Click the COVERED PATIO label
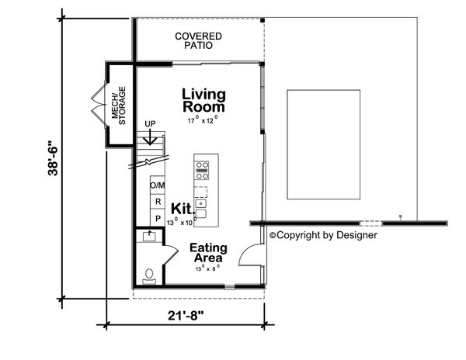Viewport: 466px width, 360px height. [x=198, y=40]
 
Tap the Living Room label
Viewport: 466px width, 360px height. [x=203, y=102]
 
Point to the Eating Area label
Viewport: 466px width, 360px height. [x=208, y=254]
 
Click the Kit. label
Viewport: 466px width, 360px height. [x=181, y=208]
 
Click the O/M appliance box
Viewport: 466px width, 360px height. [x=158, y=185]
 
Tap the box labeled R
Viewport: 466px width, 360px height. [x=158, y=202]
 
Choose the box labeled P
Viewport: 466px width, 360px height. [x=158, y=219]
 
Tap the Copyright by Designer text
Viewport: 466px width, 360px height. [x=323, y=234]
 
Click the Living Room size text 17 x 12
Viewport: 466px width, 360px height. [x=203, y=121]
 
